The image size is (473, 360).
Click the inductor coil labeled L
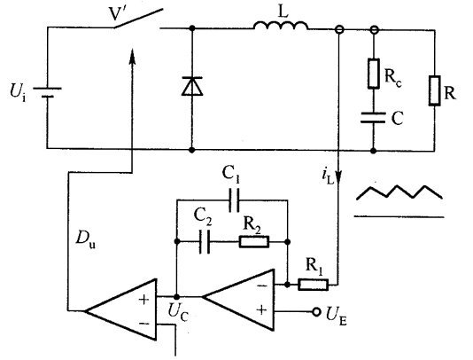[x=281, y=26]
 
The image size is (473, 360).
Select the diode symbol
[x=192, y=86]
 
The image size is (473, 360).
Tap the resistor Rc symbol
[x=374, y=74]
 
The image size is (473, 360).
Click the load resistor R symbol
[x=434, y=90]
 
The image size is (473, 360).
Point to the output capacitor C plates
[x=373, y=118]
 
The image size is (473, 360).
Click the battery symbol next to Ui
[x=47, y=92]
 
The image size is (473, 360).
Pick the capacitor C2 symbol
[x=205, y=241]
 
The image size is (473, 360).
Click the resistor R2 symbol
[x=254, y=241]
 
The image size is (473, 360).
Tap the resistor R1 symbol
[x=314, y=285]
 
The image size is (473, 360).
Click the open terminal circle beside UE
[x=316, y=312]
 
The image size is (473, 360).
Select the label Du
[x=85, y=239]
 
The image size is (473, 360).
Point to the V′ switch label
[x=116, y=13]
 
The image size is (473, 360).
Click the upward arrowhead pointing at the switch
[x=132, y=56]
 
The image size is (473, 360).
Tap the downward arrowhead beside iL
[x=338, y=176]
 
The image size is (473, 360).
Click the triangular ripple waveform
[x=399, y=192]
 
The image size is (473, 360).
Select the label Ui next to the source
[x=18, y=92]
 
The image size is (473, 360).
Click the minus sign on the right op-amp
[x=262, y=286]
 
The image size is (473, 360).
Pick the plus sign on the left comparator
[x=143, y=300]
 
